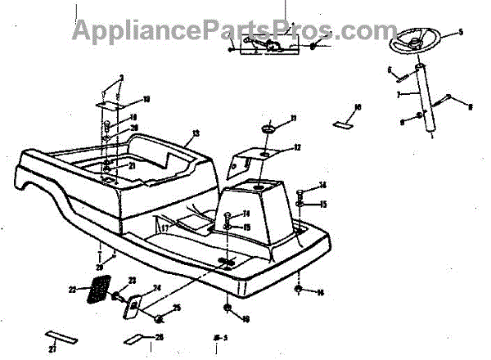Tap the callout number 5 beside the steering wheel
[x=460, y=32]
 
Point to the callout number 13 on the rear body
[x=196, y=133]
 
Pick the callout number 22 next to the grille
[x=72, y=289]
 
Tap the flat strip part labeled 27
[x=61, y=336]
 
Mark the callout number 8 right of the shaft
[x=471, y=106]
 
